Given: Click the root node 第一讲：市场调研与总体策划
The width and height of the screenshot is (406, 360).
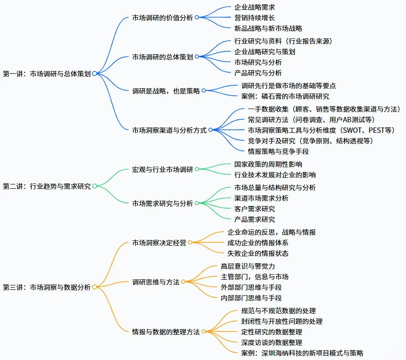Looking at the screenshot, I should coord(47,74).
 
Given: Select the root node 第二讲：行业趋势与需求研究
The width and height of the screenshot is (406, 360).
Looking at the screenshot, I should coord(47,186).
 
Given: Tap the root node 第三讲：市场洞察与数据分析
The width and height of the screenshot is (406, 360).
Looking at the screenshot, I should coord(47,287).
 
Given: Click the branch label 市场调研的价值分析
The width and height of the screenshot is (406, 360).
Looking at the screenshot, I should coord(163,18).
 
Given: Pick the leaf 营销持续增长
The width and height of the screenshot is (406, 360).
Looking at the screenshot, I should coord(255,18).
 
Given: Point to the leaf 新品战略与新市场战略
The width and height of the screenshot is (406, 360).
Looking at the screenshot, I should coord(268,28).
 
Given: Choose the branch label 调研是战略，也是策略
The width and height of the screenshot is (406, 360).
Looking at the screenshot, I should coord(166,91).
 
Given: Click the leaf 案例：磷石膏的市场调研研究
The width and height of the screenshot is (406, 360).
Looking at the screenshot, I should coord(285,96).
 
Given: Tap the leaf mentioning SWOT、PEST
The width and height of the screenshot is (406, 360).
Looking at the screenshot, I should coord(320,130).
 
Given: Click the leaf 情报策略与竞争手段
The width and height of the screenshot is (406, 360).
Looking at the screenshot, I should coord(278,151).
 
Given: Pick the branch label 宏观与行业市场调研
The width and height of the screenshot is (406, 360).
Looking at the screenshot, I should coord(163,169).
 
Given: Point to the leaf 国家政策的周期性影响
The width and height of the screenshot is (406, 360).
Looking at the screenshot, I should coord(268,164).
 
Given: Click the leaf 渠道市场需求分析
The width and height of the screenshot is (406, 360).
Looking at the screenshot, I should coord(261,198).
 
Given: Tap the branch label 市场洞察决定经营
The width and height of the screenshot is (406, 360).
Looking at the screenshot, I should coord(160,243).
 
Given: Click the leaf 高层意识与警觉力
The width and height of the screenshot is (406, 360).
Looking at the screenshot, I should coord(248,266).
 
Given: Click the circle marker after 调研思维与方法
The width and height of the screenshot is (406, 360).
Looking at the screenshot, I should coord(183,282).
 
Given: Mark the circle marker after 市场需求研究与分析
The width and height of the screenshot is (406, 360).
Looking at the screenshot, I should coord(197,203).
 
